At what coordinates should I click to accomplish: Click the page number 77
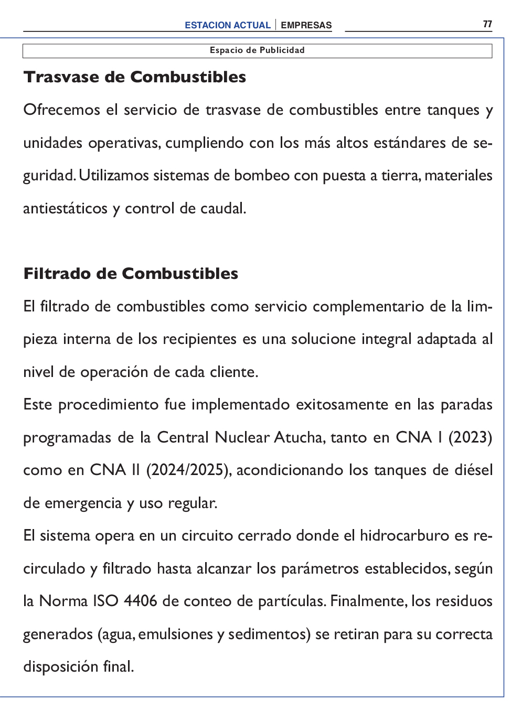click(x=487, y=24)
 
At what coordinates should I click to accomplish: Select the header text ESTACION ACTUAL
click(x=227, y=25)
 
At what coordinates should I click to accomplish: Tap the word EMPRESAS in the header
click(x=306, y=25)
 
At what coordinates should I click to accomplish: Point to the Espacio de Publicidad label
click(x=257, y=50)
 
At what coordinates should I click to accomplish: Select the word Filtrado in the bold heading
click(x=57, y=274)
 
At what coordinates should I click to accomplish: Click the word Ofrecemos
click(x=61, y=110)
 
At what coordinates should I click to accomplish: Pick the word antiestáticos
click(x=65, y=209)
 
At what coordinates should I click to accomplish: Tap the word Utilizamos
click(x=114, y=176)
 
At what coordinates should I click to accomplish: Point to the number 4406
click(x=140, y=601)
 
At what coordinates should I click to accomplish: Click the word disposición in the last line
click(x=60, y=667)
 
